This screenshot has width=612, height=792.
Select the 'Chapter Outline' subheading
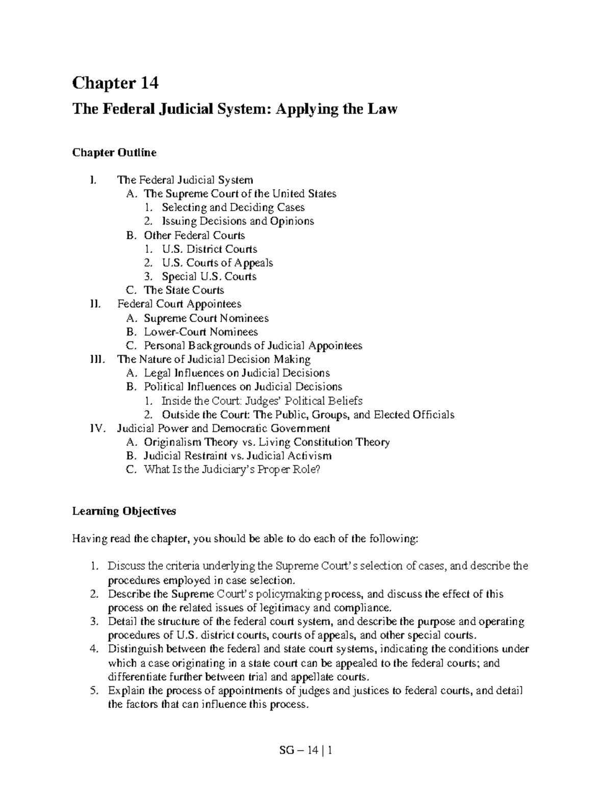[x=114, y=152]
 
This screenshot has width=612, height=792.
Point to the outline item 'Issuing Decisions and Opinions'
[x=238, y=221]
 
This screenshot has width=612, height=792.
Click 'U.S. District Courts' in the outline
[x=209, y=249]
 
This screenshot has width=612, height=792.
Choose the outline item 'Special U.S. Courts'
[x=209, y=277]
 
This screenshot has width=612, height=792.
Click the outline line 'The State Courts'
[x=184, y=291]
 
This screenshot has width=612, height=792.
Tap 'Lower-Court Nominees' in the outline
[x=200, y=332]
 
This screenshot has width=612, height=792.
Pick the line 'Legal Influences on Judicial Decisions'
[x=237, y=373]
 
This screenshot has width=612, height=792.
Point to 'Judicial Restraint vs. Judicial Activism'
[x=238, y=456]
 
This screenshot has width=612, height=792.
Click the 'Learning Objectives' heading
[x=124, y=511]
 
